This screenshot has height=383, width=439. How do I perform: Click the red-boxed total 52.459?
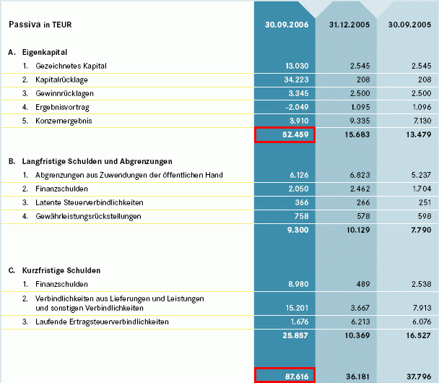point(285,134)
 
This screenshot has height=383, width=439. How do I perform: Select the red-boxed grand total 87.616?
point(285,375)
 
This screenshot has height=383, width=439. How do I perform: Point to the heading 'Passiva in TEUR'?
point(40,25)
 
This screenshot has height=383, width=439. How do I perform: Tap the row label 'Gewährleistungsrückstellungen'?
point(87,216)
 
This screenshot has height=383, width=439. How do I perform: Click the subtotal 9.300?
point(297,230)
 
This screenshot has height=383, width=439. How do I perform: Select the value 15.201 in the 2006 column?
point(295,308)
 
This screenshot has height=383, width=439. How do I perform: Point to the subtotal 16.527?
point(419,337)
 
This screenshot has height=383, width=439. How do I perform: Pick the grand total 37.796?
point(419,375)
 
